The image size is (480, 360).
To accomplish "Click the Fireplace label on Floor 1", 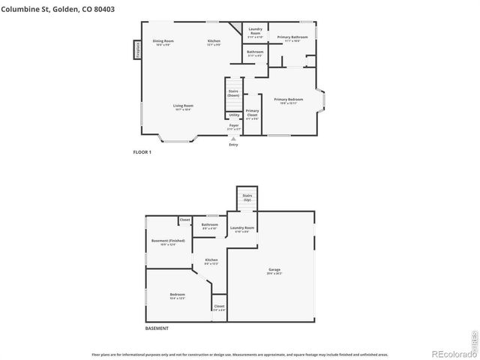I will point(138,49).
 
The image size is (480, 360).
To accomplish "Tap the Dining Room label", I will point(163,43).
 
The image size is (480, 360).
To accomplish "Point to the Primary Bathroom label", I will point(292,39).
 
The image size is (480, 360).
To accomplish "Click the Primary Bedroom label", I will point(289,100).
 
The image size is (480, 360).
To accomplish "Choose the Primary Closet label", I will point(252,112).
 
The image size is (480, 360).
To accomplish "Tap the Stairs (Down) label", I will point(233,94).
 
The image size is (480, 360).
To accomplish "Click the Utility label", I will point(234,115).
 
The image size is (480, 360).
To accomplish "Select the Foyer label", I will point(234,127).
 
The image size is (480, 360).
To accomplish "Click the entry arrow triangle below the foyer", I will point(234,138).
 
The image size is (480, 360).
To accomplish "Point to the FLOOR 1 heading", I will point(142,152).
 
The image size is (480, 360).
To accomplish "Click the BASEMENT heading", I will point(156,328).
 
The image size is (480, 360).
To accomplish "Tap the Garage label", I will point(274,271).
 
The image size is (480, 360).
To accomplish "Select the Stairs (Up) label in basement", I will point(247,199).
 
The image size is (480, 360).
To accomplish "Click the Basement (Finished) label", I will point(168,242).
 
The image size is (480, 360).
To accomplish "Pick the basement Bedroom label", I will point(177,296).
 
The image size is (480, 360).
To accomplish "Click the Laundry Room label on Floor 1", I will point(255,32).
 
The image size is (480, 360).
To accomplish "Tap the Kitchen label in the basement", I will point(211,261).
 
